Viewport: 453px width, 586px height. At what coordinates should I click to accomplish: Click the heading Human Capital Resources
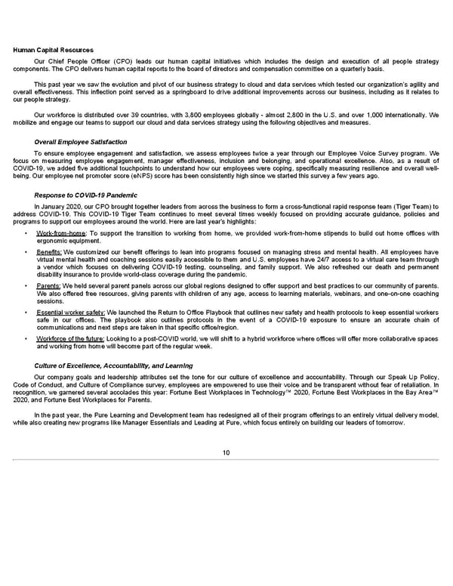click(47, 51)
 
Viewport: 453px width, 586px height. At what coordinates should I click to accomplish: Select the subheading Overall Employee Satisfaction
click(81, 142)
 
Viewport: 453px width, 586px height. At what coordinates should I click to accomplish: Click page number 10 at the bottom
click(226, 452)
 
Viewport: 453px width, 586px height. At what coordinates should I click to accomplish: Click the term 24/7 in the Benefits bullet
click(318, 258)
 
